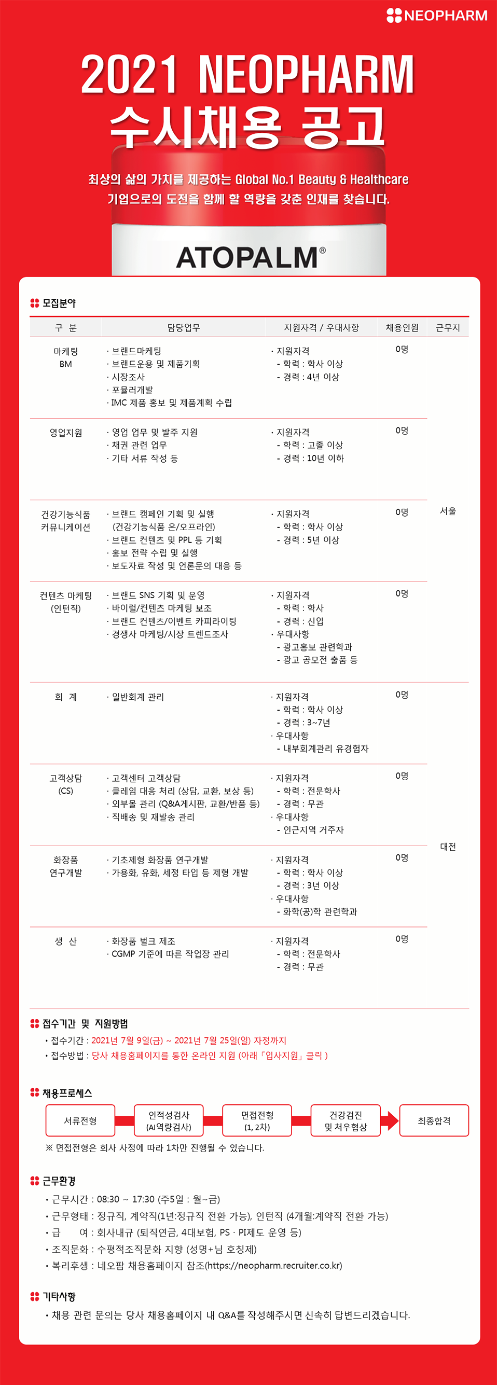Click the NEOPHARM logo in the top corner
pos(437,16)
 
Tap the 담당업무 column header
pos(184,327)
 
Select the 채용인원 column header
pos(402,327)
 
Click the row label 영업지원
pos(65,433)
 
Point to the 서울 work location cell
pos(448,511)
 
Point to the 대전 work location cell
pos(448,846)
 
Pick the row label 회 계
pos(65,697)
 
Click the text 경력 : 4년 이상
pos(311,377)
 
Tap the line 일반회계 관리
pos(137,697)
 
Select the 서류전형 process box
pos(80,1120)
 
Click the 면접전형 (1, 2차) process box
pos(257,1120)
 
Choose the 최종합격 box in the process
pos(434,1120)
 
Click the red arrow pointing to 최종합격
pos(391,1120)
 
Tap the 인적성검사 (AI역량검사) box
pos(169,1120)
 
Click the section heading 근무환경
pos(59,1181)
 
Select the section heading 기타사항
pos(59,1296)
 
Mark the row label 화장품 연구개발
pos(65,866)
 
